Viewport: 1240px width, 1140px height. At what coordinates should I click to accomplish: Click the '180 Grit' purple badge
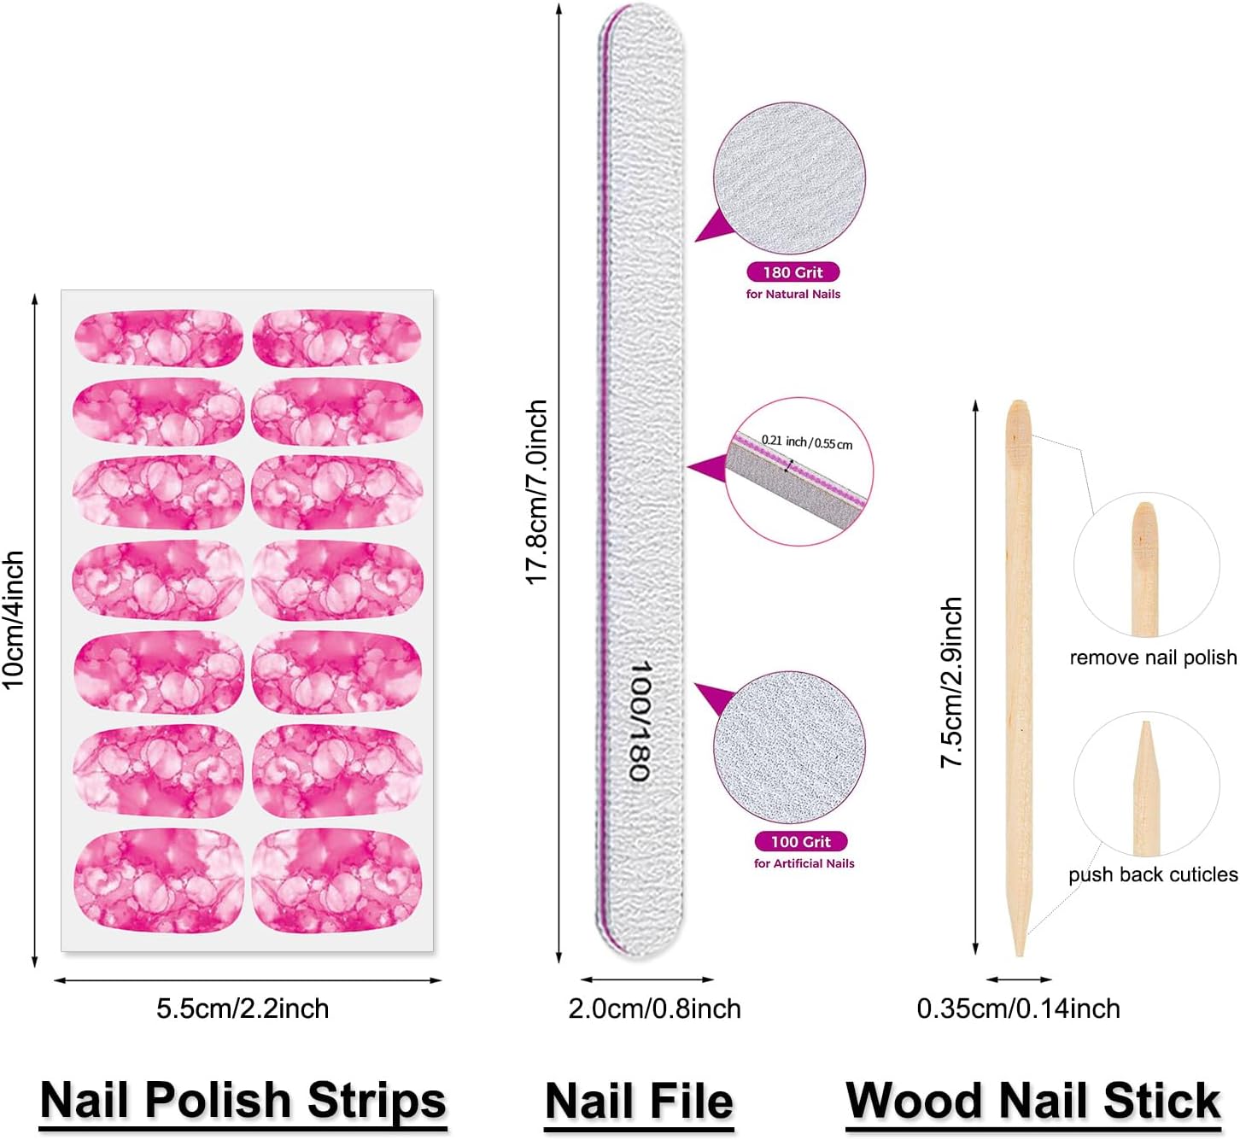(793, 272)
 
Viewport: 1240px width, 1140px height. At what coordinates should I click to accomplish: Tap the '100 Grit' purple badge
(800, 841)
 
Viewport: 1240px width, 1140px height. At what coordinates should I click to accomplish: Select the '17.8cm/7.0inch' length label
(536, 492)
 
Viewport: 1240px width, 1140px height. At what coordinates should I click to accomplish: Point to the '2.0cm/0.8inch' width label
(655, 1009)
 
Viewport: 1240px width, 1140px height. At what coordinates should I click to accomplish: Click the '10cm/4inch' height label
(14, 619)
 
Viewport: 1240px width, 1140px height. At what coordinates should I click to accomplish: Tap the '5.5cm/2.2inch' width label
(243, 1009)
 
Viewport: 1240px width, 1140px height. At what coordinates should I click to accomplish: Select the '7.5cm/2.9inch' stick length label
(951, 682)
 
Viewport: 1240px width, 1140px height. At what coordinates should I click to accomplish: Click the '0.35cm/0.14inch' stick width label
(1018, 1009)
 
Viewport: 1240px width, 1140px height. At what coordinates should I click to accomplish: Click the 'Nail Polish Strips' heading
(243, 1101)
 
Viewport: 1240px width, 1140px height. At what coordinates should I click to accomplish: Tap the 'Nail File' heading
(639, 1101)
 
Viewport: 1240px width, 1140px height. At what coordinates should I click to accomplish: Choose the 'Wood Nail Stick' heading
(1033, 1101)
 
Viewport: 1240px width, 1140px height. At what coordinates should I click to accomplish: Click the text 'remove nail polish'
(1154, 658)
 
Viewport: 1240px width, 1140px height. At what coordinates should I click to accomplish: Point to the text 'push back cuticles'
(1154, 874)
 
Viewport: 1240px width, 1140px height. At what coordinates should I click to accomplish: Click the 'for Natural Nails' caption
(793, 295)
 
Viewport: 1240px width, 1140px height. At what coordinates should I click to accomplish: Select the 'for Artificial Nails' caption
(804, 863)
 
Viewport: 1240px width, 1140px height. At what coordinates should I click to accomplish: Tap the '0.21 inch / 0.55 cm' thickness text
(807, 442)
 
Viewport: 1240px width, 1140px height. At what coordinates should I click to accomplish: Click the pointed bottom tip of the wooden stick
(1020, 956)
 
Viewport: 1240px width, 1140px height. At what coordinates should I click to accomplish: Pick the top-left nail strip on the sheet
(159, 337)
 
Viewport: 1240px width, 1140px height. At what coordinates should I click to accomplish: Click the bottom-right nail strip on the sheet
(337, 881)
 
